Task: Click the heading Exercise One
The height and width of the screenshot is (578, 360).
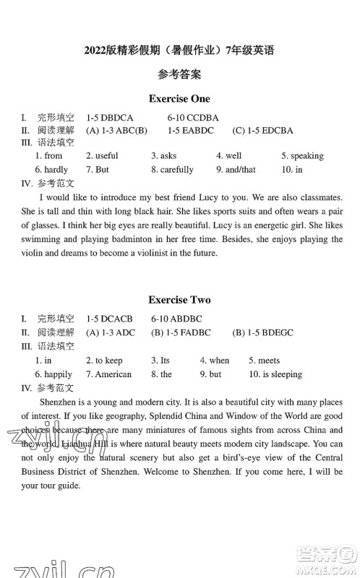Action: (179, 98)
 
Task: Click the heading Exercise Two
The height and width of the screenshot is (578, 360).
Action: (179, 299)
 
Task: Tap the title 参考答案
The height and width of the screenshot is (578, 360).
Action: (179, 74)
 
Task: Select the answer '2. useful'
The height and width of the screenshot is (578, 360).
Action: (102, 155)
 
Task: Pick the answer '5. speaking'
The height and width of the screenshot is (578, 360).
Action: (302, 155)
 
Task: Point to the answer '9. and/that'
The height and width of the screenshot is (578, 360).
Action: (236, 170)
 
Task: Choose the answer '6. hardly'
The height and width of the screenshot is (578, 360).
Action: (51, 170)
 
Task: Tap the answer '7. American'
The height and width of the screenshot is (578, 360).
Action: (108, 374)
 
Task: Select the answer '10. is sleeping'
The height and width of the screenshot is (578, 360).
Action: (275, 374)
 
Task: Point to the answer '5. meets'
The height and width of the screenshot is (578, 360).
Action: (264, 360)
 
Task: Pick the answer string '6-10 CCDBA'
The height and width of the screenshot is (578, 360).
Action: (193, 117)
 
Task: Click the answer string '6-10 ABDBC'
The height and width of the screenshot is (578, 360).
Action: (176, 318)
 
